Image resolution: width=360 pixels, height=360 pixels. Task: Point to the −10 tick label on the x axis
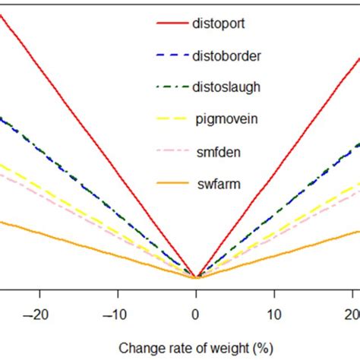click(116, 314)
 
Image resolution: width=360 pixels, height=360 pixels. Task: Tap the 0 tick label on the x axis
click(196, 314)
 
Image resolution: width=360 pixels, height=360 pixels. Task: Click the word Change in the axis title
click(138, 348)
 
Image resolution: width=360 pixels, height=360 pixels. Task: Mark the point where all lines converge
click(196, 277)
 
